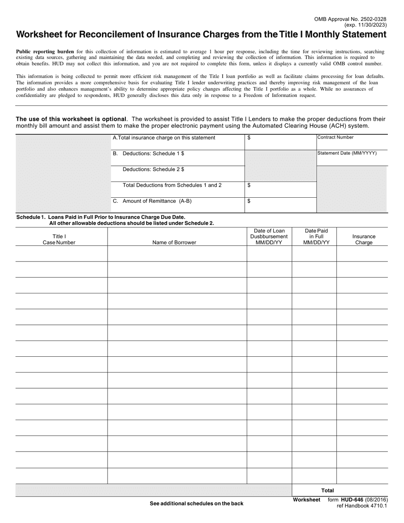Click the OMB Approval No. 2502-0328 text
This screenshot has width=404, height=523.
[350, 19]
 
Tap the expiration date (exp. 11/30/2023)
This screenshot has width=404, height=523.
[365, 25]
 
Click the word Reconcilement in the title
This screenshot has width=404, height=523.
[104, 34]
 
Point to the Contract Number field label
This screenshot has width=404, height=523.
[335, 137]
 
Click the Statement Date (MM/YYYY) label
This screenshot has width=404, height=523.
[347, 153]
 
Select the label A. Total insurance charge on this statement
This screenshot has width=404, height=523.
[164, 138]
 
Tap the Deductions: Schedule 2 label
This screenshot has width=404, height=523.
[153, 169]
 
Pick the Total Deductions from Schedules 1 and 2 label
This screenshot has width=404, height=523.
[172, 185]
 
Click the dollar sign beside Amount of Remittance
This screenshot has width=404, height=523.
[249, 201]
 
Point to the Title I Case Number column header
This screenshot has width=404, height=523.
[59, 239]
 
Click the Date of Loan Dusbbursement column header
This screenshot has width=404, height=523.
[269, 236]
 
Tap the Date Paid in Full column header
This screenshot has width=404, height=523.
[316, 236]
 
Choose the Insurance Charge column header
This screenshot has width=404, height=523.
[364, 239]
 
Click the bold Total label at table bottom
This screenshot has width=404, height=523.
[327, 490]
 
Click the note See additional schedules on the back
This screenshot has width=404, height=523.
[196, 503]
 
